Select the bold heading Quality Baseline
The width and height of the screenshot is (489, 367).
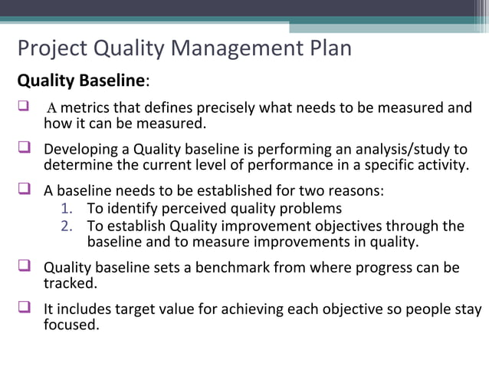(80, 81)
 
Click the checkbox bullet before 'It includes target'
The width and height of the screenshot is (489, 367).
(25, 309)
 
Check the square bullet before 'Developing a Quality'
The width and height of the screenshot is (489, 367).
(25, 148)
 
